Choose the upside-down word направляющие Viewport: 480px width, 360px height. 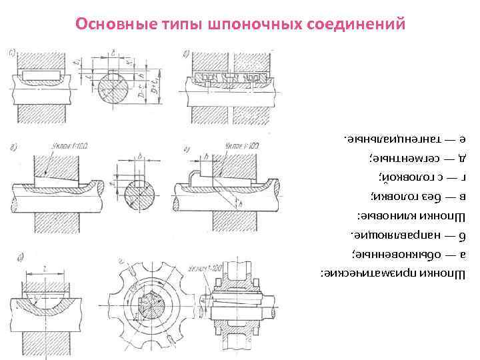pyautogui.click(x=388, y=237)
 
